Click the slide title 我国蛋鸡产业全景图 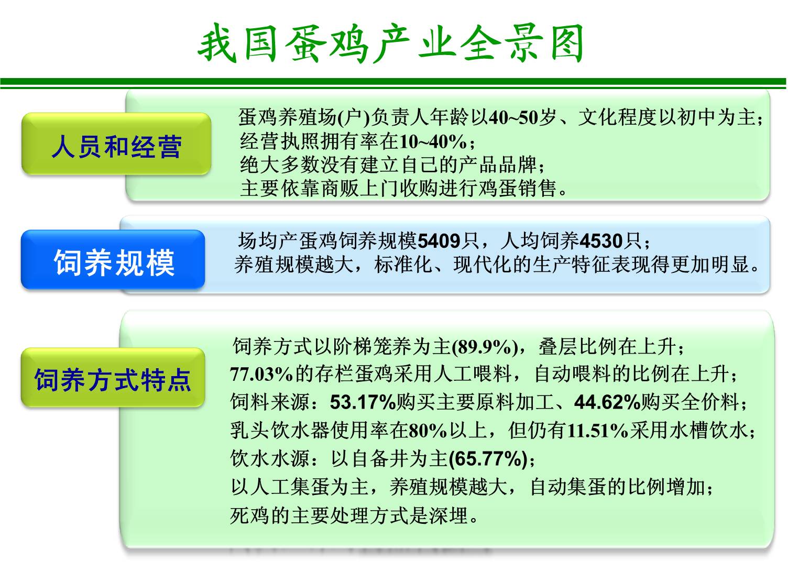[390, 43]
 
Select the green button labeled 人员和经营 [116, 144]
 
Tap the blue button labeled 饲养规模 [113, 260]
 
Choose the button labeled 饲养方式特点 [113, 378]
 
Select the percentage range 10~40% [433, 142]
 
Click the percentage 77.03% [261, 374]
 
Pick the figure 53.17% [363, 402]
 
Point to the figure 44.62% [607, 402]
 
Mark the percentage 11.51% [598, 431]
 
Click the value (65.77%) [488, 459]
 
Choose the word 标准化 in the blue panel [403, 265]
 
